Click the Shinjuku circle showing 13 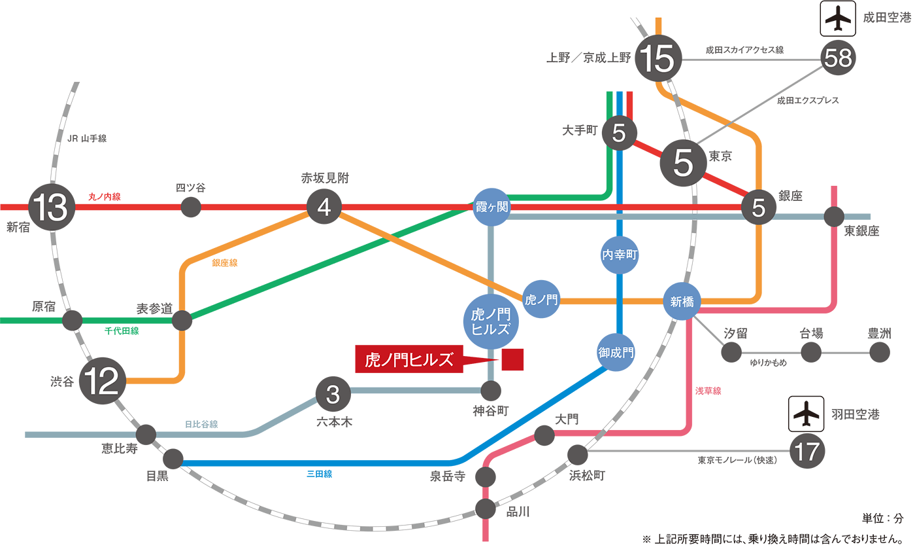pyautogui.click(x=52, y=207)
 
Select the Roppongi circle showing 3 pyautogui.click(x=333, y=394)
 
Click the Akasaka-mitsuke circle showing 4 pyautogui.click(x=325, y=207)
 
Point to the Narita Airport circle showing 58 pyautogui.click(x=839, y=60)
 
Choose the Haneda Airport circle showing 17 pyautogui.click(x=807, y=451)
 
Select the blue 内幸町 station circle pyautogui.click(x=619, y=255)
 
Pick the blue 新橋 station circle pyautogui.click(x=682, y=301)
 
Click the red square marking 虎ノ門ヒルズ pyautogui.click(x=512, y=360)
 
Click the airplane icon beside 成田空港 pyautogui.click(x=838, y=19)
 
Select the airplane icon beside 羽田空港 pyautogui.click(x=807, y=414)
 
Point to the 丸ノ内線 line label pyautogui.click(x=105, y=196)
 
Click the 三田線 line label pyautogui.click(x=319, y=474)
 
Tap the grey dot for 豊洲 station pyautogui.click(x=880, y=352)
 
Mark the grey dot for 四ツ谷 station pyautogui.click(x=190, y=207)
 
